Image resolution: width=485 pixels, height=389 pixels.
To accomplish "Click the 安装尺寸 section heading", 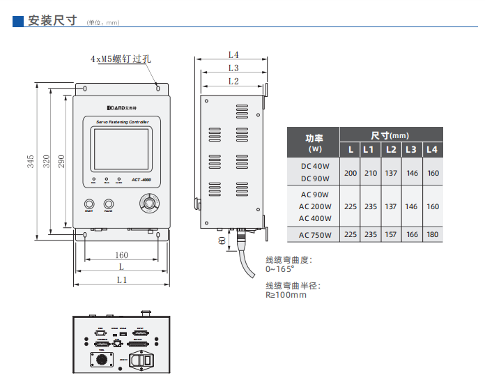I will coord(51,21).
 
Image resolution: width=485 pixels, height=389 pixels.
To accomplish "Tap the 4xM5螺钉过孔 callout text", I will coord(121,59).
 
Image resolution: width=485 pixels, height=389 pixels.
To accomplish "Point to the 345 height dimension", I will coord(31,161).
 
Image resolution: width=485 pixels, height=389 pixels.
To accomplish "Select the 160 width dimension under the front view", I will coord(121,255).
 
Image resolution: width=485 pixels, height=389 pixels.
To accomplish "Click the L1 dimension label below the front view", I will coord(121,280).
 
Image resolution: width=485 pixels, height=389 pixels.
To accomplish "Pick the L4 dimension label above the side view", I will coord(233,54).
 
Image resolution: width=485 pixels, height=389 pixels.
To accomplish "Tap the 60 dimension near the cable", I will coord(222,241).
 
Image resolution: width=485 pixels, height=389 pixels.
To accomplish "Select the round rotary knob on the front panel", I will coord(148,203).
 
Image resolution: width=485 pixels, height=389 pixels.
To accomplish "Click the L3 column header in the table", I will coord(411,149).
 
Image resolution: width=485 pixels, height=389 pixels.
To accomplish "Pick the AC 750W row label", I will coord(315,235).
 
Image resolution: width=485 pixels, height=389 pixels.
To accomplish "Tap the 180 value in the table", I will coord(433,235).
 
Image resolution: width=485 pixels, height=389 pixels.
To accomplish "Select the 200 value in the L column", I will coord(351,173).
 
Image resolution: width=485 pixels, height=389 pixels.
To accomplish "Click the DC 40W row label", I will coord(315,166).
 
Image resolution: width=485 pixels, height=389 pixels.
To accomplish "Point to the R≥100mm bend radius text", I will coord(286,295).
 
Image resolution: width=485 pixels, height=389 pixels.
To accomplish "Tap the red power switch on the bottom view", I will coord(146,359).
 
